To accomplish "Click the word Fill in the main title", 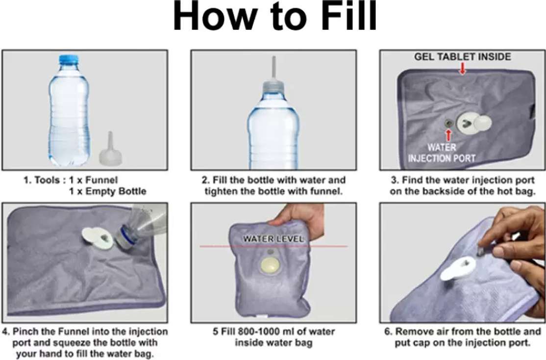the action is coord(348,16).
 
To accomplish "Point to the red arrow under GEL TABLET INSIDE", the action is coord(462,68).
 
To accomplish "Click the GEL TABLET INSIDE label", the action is coord(462,57).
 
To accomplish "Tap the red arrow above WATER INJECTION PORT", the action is coord(448,135).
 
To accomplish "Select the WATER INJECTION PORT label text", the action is coord(442,153).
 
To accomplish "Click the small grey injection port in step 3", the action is coord(448,124).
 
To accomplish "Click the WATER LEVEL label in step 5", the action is coord(273,239).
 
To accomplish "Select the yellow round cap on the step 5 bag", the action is coord(270,265).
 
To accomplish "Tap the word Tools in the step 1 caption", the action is coord(47,180).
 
